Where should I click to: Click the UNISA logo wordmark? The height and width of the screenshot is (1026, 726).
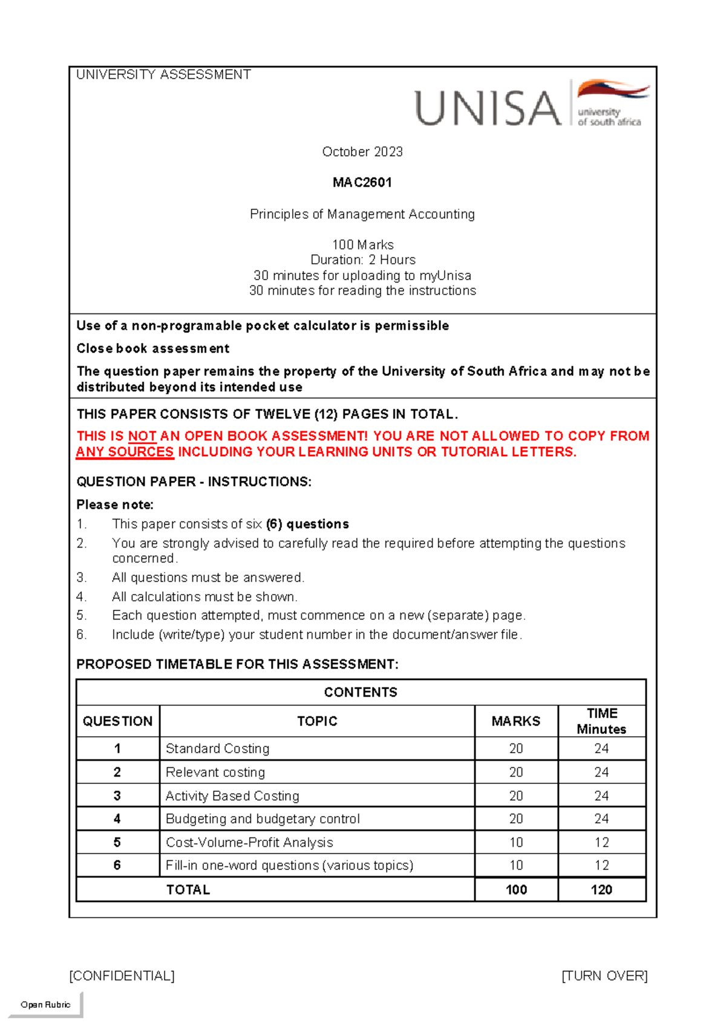tap(488, 108)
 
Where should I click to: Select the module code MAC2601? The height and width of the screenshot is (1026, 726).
tap(362, 183)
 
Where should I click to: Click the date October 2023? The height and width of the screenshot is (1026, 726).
tap(362, 152)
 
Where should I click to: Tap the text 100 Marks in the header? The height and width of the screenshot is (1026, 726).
tap(362, 245)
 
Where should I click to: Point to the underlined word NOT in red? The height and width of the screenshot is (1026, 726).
tap(142, 436)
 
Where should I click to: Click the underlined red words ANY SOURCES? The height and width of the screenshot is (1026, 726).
tap(125, 452)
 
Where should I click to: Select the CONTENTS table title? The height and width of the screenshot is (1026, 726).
tap(361, 693)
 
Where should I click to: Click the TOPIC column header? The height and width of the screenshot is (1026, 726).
tap(317, 721)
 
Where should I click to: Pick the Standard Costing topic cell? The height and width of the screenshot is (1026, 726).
tap(217, 749)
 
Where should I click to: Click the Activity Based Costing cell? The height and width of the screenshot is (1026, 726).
tap(232, 796)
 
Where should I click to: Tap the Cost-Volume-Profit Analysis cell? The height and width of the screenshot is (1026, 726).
tap(249, 843)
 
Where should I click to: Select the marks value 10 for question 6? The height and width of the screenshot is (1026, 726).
tap(516, 866)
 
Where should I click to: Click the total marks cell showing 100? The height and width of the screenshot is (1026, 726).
tap(516, 890)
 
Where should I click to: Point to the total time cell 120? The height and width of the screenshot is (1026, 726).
tap(601, 890)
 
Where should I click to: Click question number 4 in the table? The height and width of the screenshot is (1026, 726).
tap(117, 819)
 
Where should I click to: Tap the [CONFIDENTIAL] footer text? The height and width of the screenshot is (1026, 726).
tap(122, 976)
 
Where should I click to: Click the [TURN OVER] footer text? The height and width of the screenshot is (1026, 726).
tap(604, 976)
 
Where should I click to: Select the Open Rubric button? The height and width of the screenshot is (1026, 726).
tap(45, 1004)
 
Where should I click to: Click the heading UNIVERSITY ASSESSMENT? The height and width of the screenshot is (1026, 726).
tap(163, 74)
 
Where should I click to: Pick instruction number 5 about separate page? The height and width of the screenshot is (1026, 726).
tap(318, 616)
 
